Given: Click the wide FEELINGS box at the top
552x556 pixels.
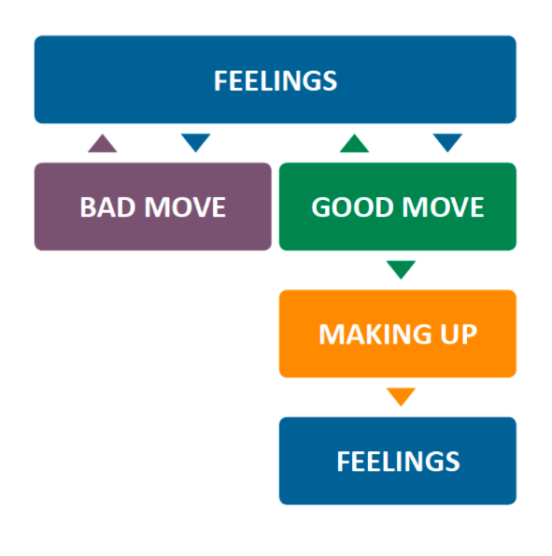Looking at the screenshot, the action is (276, 79).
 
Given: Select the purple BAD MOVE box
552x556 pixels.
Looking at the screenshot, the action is (153, 207).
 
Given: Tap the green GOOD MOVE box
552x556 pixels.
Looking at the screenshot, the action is (398, 207).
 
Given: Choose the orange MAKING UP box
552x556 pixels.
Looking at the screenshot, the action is (398, 334).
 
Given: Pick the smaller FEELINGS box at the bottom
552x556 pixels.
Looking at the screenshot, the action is (398, 461).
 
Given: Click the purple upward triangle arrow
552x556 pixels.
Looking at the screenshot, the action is (103, 144).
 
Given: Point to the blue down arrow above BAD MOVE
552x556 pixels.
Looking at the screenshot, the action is (196, 142).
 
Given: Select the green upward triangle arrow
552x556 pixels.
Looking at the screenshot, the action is (354, 144).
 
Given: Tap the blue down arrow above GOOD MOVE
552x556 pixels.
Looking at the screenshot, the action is (447, 142).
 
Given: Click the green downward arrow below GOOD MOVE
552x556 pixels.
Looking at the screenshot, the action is (401, 269).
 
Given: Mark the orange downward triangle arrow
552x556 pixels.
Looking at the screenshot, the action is (401, 395).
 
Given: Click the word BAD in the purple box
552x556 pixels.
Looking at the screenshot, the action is (107, 207).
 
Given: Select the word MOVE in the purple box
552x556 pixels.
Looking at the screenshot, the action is (185, 207).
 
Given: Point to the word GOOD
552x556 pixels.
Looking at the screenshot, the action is (352, 207).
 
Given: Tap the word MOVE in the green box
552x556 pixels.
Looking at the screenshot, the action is (443, 207).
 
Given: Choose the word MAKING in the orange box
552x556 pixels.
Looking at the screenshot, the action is (375, 334).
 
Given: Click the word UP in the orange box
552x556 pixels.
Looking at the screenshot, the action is (459, 334).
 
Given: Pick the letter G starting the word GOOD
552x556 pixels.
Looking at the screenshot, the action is (321, 207).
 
